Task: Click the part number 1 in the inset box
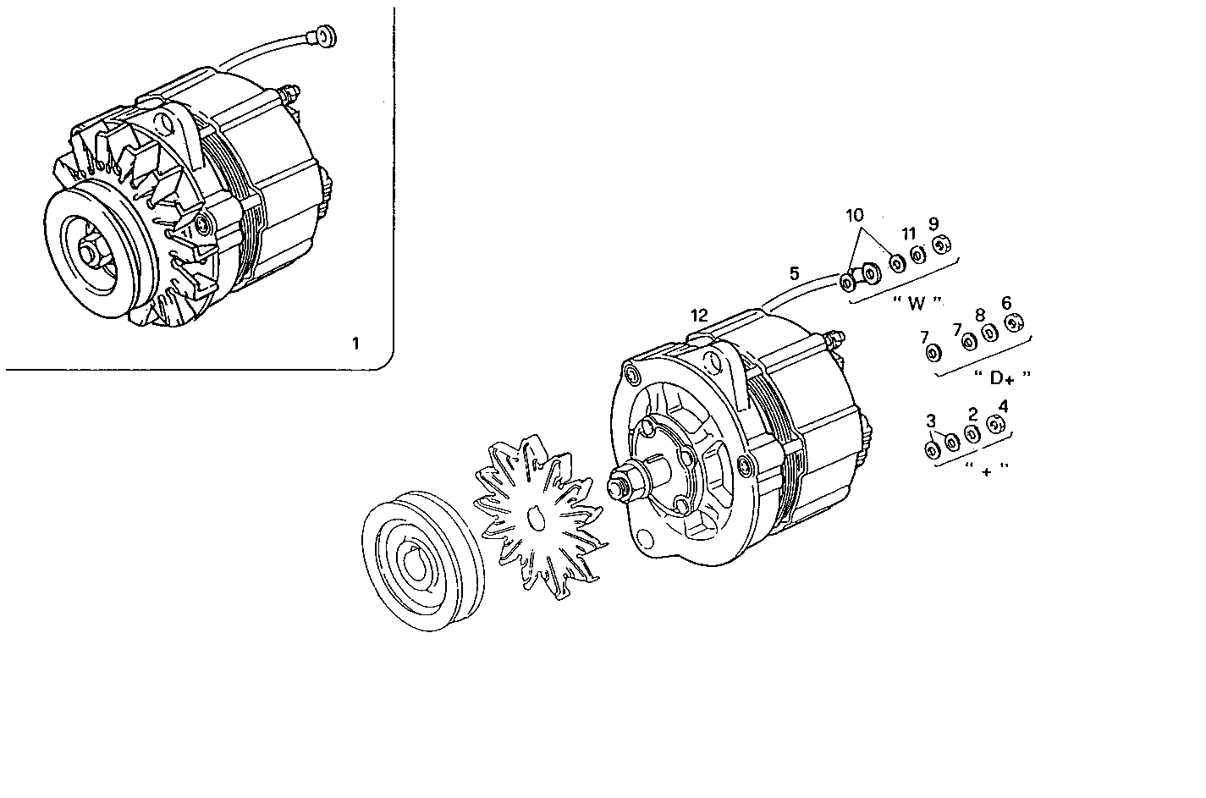tap(355, 344)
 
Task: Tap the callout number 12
tap(698, 316)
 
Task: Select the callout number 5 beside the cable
tap(794, 273)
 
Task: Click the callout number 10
tap(855, 215)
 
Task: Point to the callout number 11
tap(908, 234)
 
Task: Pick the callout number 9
tap(933, 224)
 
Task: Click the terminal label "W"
tap(917, 303)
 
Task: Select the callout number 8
tap(980, 315)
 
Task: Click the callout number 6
tap(1005, 303)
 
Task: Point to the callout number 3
tap(931, 421)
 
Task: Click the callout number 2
tap(972, 414)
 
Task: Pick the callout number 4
tap(1003, 405)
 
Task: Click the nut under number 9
tap(941, 246)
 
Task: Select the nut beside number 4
tap(996, 425)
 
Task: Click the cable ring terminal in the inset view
tap(324, 36)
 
